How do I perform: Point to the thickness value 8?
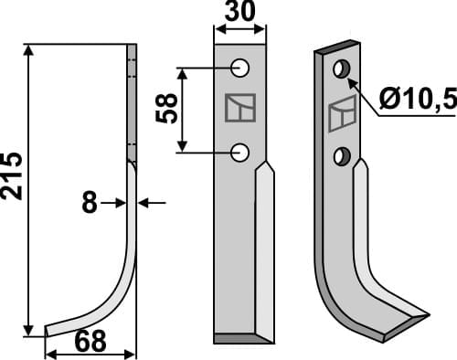pos(90,203)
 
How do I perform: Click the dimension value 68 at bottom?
pos(89,341)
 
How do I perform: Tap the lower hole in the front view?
pos(240,152)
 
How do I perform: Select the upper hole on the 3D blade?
pos(342,69)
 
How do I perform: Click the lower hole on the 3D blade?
pos(343,155)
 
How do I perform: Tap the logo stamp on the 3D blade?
pos(342,113)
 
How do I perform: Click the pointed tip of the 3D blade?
pos(426,315)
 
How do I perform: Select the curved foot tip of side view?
pos(49,327)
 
